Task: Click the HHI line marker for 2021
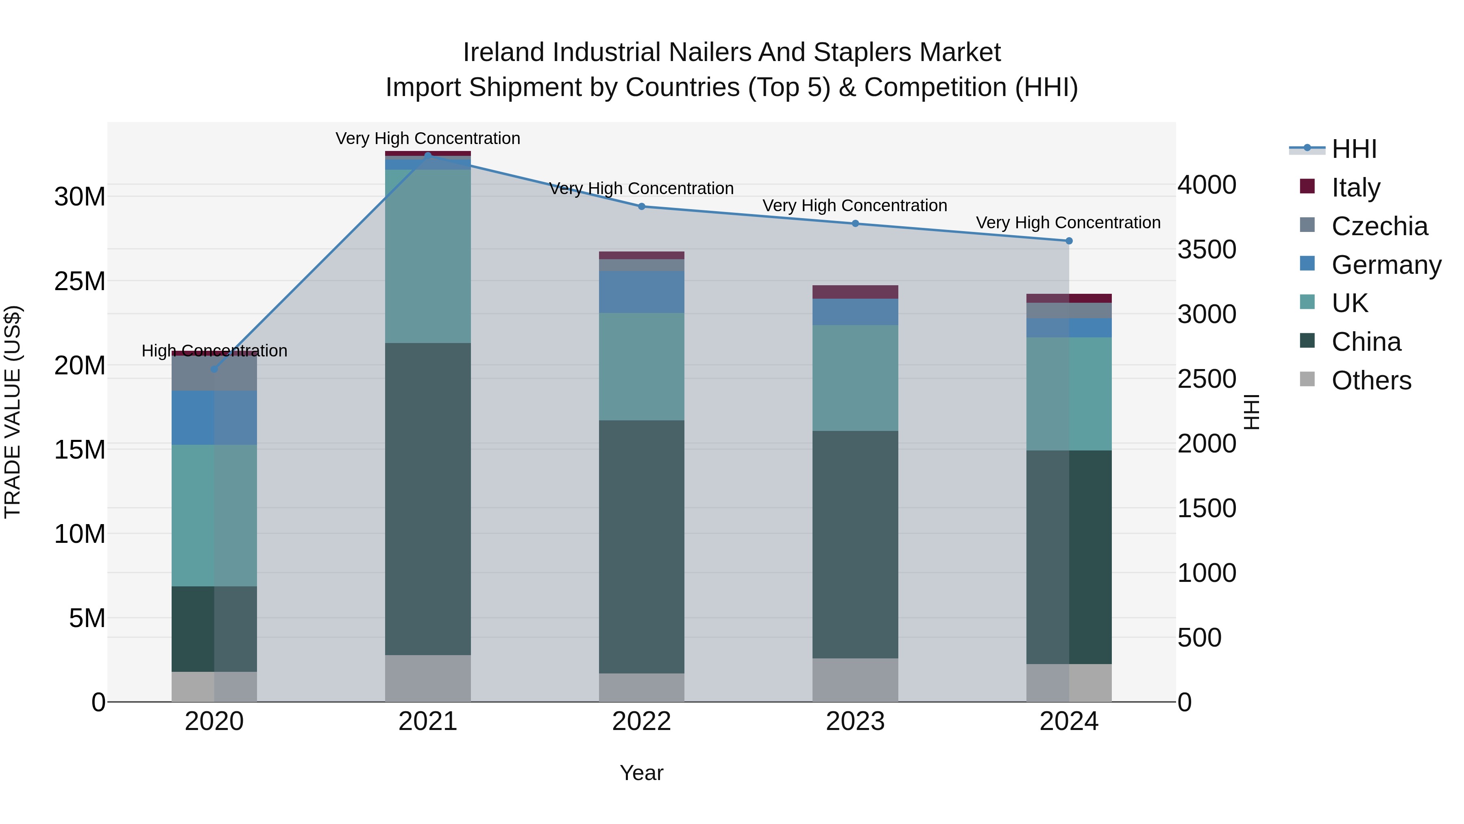(428, 155)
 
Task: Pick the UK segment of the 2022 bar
(642, 366)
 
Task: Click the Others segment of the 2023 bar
(855, 680)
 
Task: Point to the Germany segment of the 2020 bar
(214, 417)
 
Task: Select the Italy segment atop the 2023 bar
(855, 292)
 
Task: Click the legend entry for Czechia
(1379, 226)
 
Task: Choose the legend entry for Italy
(1355, 188)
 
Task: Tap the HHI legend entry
(1354, 149)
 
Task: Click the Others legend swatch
(1307, 379)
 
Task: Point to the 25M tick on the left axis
(80, 281)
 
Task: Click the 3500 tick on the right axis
(1207, 250)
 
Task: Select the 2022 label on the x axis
(642, 721)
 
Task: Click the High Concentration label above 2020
(214, 351)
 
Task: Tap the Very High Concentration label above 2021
(428, 138)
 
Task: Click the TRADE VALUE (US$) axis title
(13, 412)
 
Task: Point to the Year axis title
(642, 773)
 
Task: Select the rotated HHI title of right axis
(1252, 412)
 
